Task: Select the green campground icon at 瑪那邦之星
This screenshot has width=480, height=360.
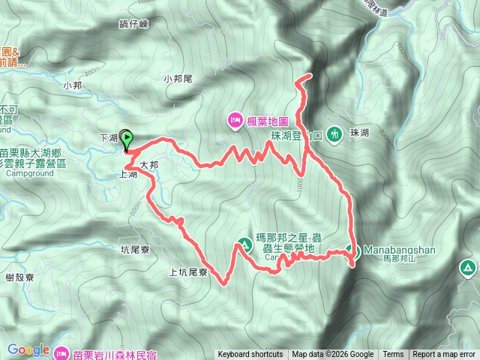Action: click(x=244, y=243)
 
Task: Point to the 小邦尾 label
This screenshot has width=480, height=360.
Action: click(x=178, y=78)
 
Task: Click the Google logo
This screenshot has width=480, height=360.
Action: click(x=28, y=349)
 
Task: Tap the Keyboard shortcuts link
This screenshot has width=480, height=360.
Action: click(x=250, y=355)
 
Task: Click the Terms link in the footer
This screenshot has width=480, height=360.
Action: click(x=393, y=355)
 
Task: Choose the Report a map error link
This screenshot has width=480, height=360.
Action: click(x=443, y=355)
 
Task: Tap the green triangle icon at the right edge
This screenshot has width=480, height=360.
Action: click(x=468, y=267)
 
